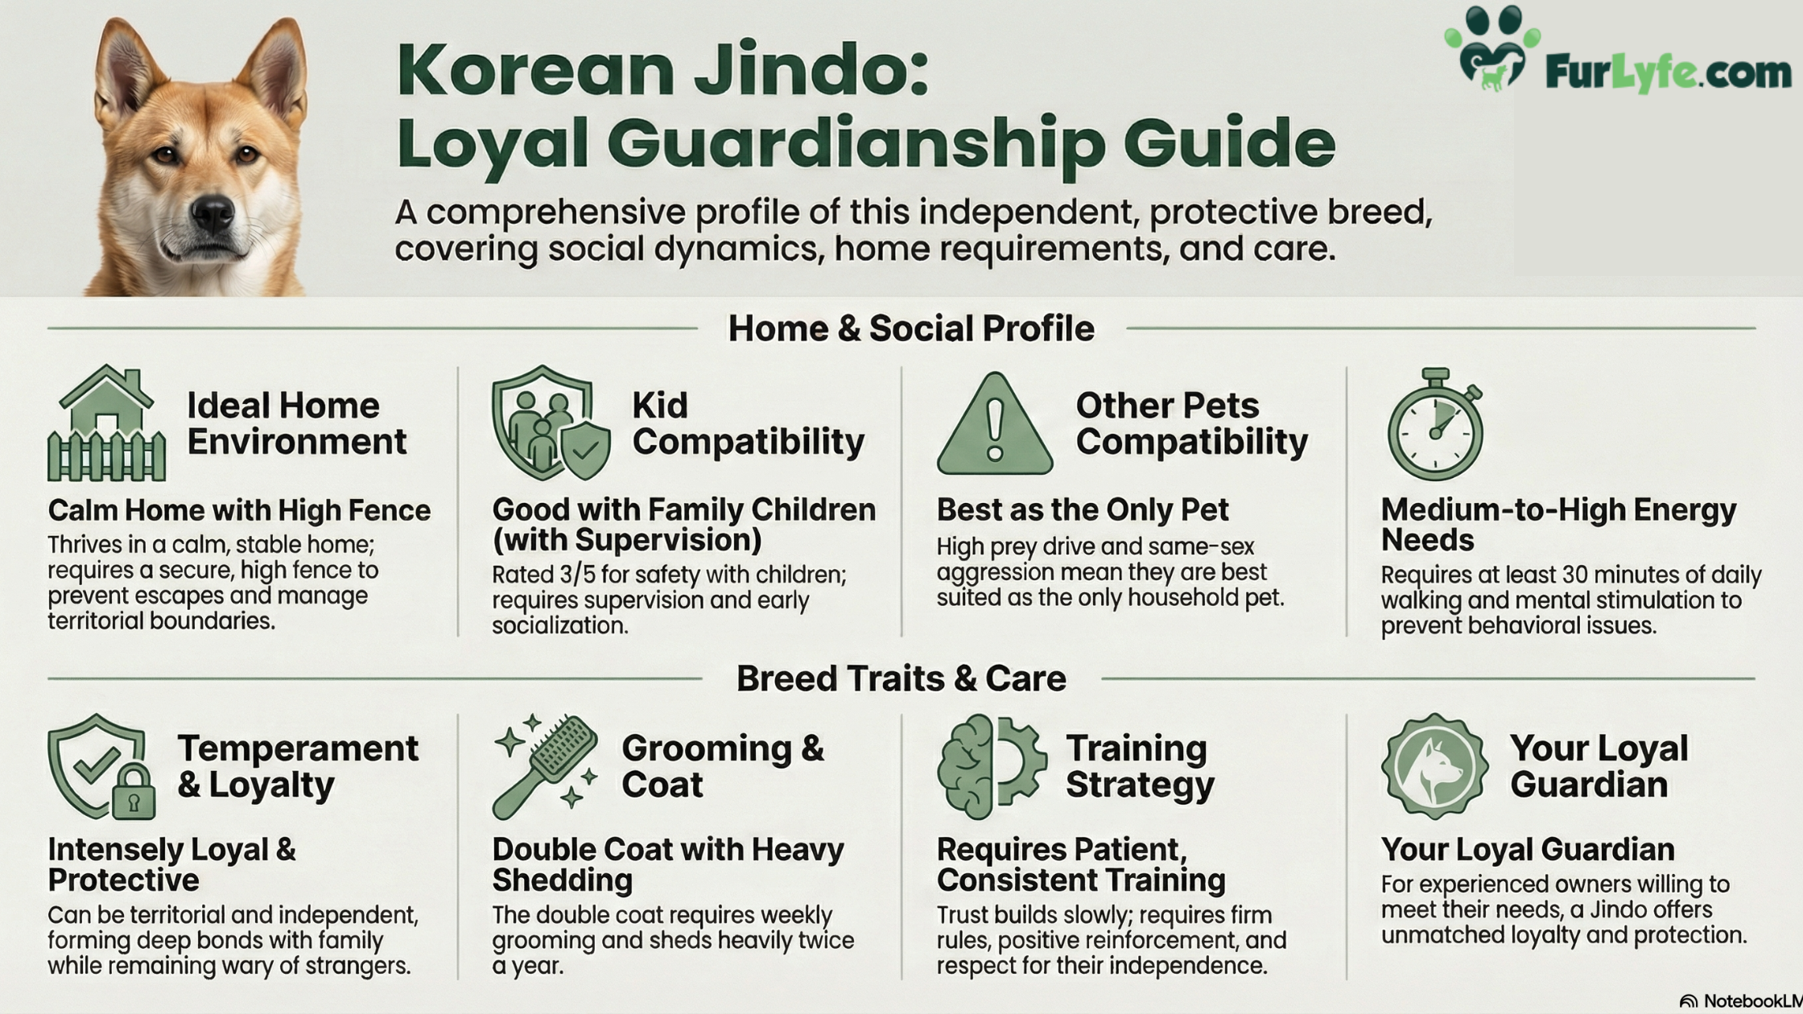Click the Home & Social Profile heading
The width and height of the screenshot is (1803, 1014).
[x=911, y=328]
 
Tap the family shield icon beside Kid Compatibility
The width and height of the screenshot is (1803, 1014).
[x=551, y=423]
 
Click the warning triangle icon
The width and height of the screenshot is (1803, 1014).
[x=995, y=423]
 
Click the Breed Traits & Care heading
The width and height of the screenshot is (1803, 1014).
[x=901, y=678]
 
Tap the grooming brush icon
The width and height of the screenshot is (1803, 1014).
[x=546, y=766]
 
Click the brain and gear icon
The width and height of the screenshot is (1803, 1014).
[x=992, y=766]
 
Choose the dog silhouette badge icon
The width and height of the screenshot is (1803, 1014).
[x=1434, y=766]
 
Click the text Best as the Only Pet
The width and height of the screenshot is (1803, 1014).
[x=1083, y=509]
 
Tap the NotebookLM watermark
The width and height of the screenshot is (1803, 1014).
[x=1740, y=1001]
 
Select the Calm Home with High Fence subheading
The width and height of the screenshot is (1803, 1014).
[x=239, y=510]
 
